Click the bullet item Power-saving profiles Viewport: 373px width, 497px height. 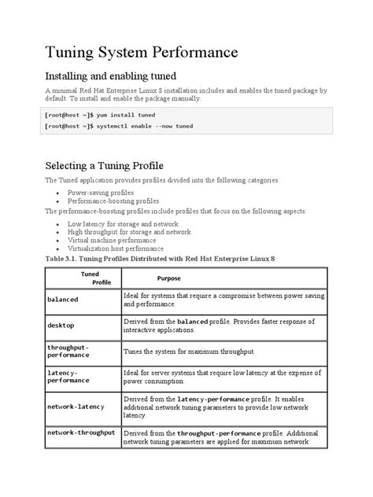click(100, 193)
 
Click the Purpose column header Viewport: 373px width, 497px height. click(169, 278)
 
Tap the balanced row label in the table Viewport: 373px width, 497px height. click(64, 300)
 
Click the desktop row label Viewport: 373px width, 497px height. click(61, 326)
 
